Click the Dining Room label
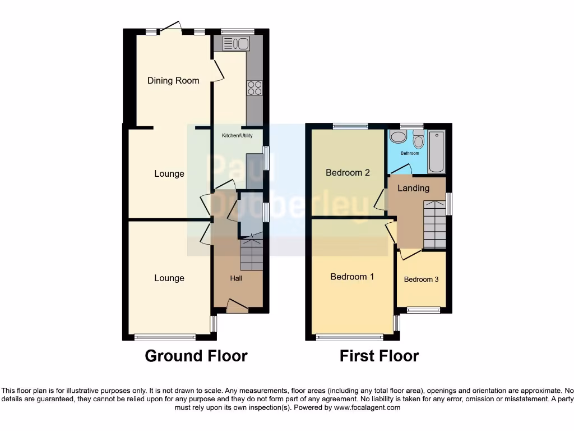[x=173, y=81]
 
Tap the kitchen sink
[x=235, y=44]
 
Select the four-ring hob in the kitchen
[x=254, y=88]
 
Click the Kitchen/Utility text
[x=237, y=136]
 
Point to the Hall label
[x=236, y=278]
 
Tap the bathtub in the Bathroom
[x=436, y=152]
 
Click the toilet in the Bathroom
[x=418, y=140]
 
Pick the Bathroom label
[x=409, y=153]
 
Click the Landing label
[x=413, y=189]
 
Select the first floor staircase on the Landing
[x=434, y=224]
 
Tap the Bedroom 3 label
[x=421, y=279]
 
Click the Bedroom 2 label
[x=348, y=173]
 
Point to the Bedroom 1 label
[x=352, y=277]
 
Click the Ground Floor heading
[x=196, y=356]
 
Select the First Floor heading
[x=379, y=356]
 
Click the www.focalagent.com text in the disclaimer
[x=367, y=407]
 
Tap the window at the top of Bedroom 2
[x=350, y=127]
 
